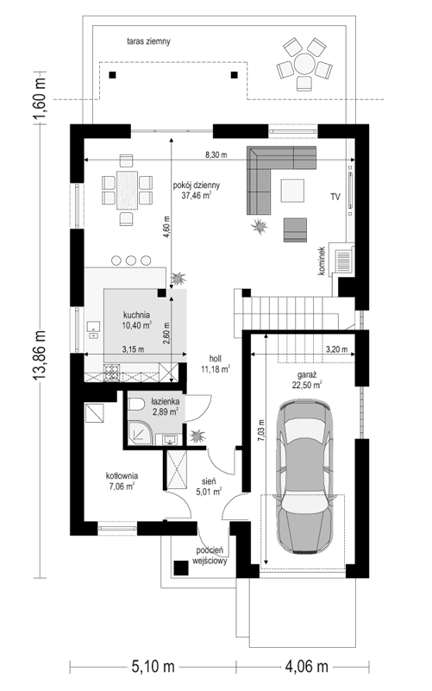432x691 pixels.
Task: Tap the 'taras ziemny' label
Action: click(148, 42)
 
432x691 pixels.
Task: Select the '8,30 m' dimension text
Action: click(216, 154)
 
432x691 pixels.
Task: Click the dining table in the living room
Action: click(127, 190)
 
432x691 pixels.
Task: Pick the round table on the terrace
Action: click(304, 65)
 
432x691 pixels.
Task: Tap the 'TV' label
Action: click(335, 198)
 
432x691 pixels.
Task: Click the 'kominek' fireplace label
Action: click(322, 261)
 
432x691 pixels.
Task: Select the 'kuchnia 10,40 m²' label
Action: click(136, 320)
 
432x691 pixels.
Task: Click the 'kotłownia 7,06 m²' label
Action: click(122, 481)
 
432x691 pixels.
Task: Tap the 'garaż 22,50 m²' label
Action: click(306, 380)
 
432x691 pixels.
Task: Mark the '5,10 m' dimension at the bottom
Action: click(153, 666)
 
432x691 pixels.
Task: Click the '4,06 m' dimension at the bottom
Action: click(306, 666)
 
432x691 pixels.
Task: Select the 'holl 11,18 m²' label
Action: click(216, 364)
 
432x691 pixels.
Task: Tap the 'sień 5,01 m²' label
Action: click(209, 485)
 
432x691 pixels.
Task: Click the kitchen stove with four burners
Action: click(111, 373)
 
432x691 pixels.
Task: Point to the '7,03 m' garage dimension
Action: click(262, 430)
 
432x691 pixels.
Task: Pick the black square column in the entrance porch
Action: click(180, 568)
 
